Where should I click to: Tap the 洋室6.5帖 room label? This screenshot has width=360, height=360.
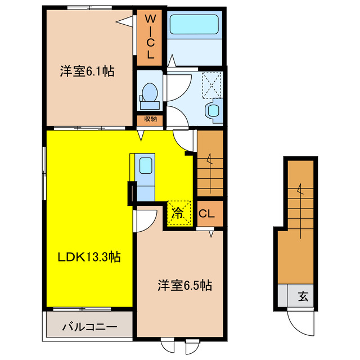click(184, 285)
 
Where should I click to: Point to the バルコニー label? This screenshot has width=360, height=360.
click(89, 327)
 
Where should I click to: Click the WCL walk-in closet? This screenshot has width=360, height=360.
click(151, 37)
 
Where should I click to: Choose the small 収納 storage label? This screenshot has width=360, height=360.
click(150, 119)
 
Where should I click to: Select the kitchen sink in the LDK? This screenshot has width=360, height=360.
click(145, 166)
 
